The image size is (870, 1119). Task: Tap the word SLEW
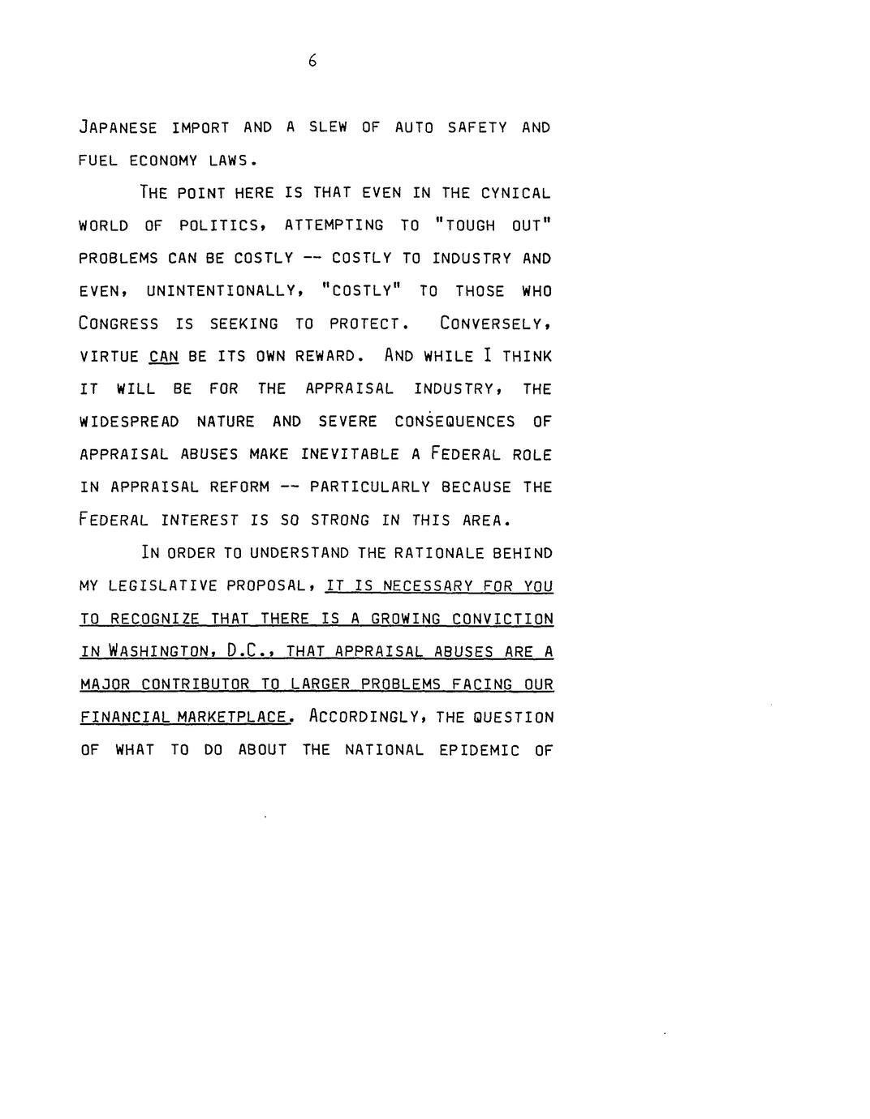[x=325, y=128]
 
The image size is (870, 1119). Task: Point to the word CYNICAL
[x=516, y=194]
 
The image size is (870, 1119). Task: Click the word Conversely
[x=495, y=324]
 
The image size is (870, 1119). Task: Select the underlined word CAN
[x=163, y=357]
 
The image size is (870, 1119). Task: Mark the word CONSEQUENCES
[x=454, y=422]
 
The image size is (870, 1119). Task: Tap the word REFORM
[x=239, y=487]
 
